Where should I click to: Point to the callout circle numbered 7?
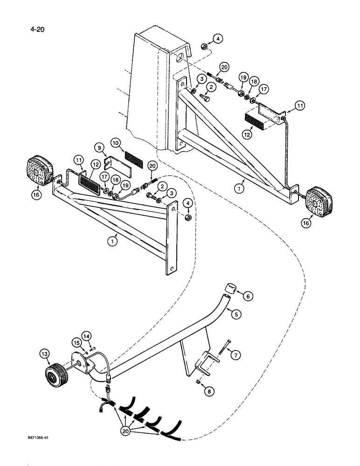pyautogui.click(x=236, y=356)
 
